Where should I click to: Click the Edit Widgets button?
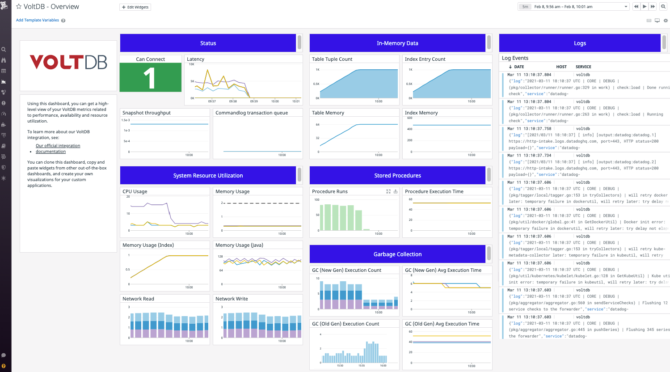coord(135,7)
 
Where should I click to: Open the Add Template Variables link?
coord(38,20)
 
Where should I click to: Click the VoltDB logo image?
coord(68,62)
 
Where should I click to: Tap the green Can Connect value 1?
coord(150,77)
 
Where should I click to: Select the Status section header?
coord(208,43)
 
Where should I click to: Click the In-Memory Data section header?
coord(397,43)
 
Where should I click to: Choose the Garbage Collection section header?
coord(397,254)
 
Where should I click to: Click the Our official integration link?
coord(58,146)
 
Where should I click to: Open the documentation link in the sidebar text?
coord(51,152)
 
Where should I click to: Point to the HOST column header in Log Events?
coord(561,67)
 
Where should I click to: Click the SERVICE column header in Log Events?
coord(583,67)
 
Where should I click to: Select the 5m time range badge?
coord(525,7)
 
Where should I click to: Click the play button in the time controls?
coord(644,7)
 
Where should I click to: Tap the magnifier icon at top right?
coord(663,7)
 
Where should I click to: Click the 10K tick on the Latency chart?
coord(191,64)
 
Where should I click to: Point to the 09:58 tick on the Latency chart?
coord(233,101)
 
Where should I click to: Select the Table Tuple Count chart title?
coord(332,59)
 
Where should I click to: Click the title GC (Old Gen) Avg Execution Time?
coord(442,324)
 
